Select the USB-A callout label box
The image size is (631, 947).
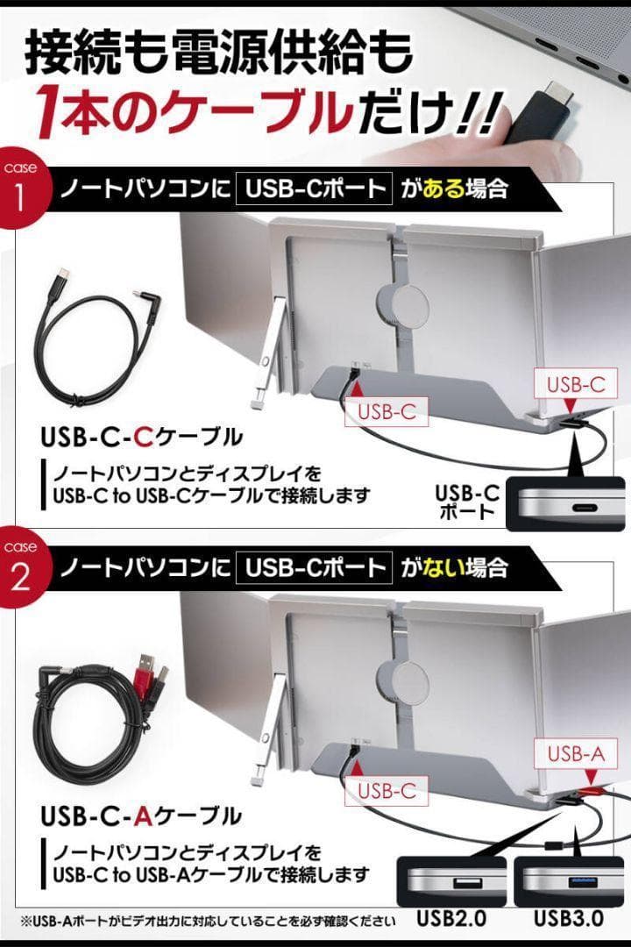577,752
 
